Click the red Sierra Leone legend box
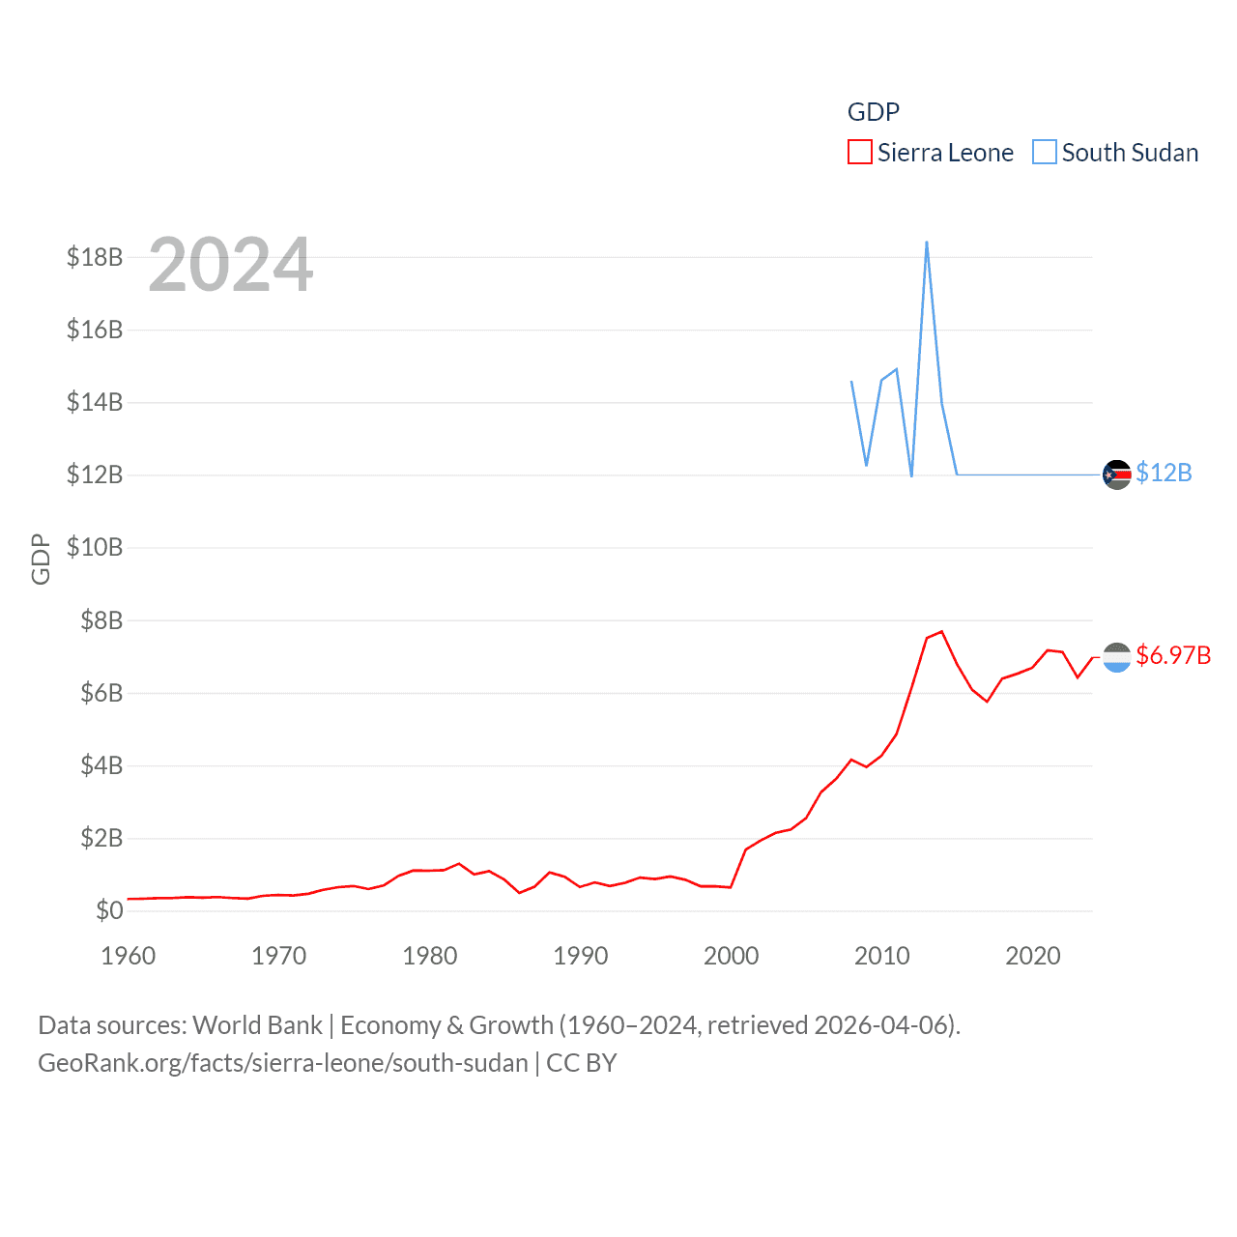click(x=859, y=153)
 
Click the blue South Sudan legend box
click(x=1044, y=153)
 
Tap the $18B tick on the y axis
click(x=95, y=257)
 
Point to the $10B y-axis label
click(x=95, y=547)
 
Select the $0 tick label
click(x=109, y=910)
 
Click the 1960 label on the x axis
click(x=129, y=956)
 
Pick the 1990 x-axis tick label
click(x=581, y=956)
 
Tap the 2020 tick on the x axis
click(x=1033, y=956)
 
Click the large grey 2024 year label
click(x=231, y=265)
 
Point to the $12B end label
click(x=1164, y=473)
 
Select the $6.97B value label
click(x=1173, y=655)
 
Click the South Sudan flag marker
click(x=1117, y=475)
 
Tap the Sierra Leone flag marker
click(x=1117, y=657)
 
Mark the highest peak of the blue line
click(x=927, y=243)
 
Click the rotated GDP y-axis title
click(x=41, y=559)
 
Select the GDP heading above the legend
click(x=874, y=112)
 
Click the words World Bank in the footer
click(x=257, y=1025)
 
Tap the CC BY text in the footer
click(x=582, y=1063)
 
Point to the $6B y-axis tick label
click(x=101, y=693)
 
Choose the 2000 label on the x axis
click(x=732, y=956)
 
